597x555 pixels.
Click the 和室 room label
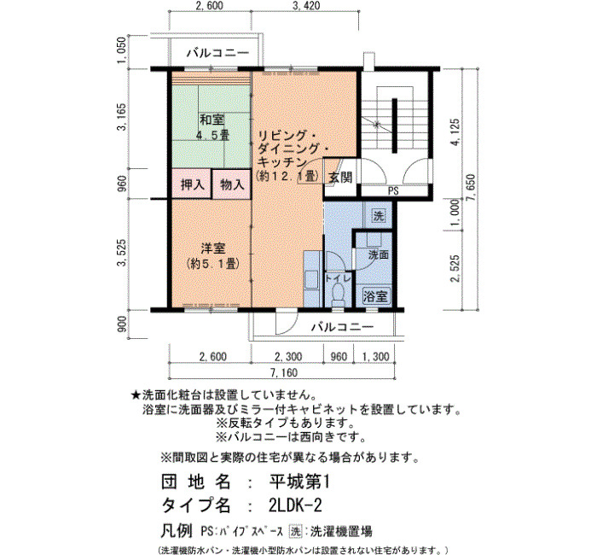tap(212, 120)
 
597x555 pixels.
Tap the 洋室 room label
tap(213, 248)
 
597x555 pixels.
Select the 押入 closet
tap(192, 184)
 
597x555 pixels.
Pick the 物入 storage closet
tap(231, 184)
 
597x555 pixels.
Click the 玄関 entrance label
tap(340, 177)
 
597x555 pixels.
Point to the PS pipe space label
tap(394, 191)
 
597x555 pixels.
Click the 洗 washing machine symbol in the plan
tap(379, 217)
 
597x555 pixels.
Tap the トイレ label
tap(338, 278)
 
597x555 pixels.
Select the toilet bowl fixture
tap(338, 294)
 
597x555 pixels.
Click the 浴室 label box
tap(375, 295)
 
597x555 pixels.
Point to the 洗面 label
tap(378, 255)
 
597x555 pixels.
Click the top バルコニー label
tap(217, 53)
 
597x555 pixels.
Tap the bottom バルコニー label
tap(343, 327)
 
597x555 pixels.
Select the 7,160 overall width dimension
tap(282, 372)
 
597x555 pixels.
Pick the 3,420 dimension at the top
tap(305, 6)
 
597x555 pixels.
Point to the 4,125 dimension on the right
tap(455, 131)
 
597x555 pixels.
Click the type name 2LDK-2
tap(295, 505)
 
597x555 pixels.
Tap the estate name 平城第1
tap(298, 482)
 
